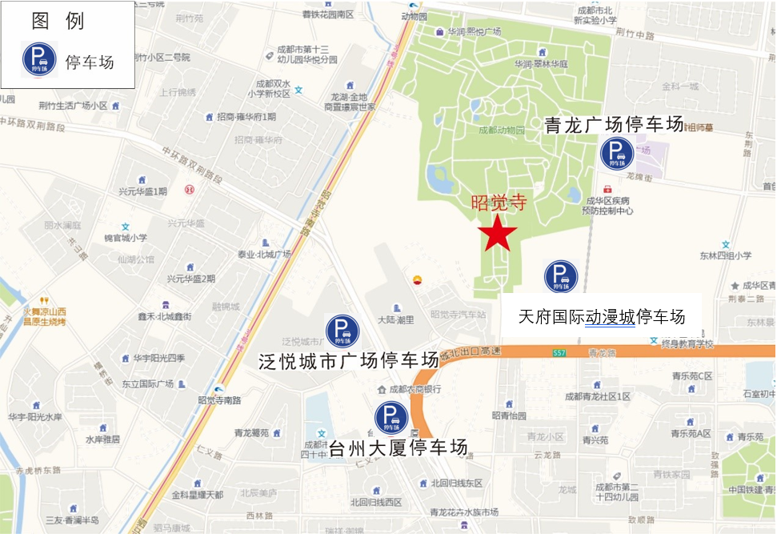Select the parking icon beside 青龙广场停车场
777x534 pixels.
[x=617, y=153]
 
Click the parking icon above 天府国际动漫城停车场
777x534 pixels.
[x=561, y=276]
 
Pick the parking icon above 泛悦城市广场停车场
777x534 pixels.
[x=342, y=331]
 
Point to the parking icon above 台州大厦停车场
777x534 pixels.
[x=391, y=417]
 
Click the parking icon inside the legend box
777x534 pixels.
[x=40, y=58]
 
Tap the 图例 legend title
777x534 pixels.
[x=58, y=22]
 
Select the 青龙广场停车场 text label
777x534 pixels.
[x=614, y=125]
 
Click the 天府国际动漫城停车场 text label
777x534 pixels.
[x=602, y=316]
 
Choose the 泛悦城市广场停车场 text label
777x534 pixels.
[x=349, y=360]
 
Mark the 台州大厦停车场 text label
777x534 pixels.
[x=398, y=447]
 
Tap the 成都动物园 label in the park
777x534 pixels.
[x=502, y=130]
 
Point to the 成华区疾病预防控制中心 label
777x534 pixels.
[x=608, y=206]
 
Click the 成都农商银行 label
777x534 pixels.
[x=414, y=390]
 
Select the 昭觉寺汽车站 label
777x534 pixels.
[x=458, y=315]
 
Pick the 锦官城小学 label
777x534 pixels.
[x=126, y=238]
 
